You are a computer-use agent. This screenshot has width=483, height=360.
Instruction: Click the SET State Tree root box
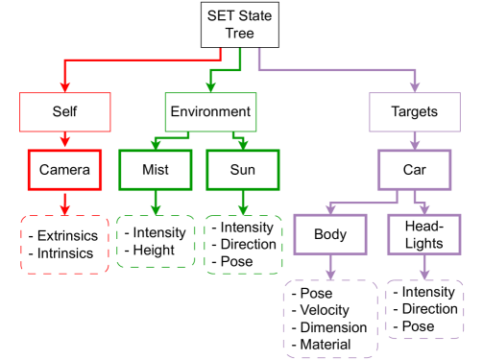click(240, 23)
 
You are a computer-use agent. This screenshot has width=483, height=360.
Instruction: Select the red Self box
click(64, 111)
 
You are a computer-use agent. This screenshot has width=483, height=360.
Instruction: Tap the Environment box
click(210, 111)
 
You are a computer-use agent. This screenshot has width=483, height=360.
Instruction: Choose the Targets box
click(416, 111)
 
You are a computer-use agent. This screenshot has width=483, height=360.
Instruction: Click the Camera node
click(64, 171)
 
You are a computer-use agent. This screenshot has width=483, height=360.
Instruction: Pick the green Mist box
click(154, 171)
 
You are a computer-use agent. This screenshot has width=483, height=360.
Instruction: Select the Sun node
click(242, 171)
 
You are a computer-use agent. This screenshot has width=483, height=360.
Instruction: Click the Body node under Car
click(329, 235)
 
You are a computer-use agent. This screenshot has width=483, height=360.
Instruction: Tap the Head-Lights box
click(423, 235)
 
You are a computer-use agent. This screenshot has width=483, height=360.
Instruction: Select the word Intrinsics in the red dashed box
click(70, 253)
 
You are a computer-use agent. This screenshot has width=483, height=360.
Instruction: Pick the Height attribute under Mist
click(154, 250)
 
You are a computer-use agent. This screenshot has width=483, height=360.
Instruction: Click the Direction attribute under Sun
click(248, 244)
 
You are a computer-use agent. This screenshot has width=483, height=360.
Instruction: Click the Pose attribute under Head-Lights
click(418, 326)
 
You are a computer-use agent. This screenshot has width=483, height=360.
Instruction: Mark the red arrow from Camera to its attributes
click(64, 203)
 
